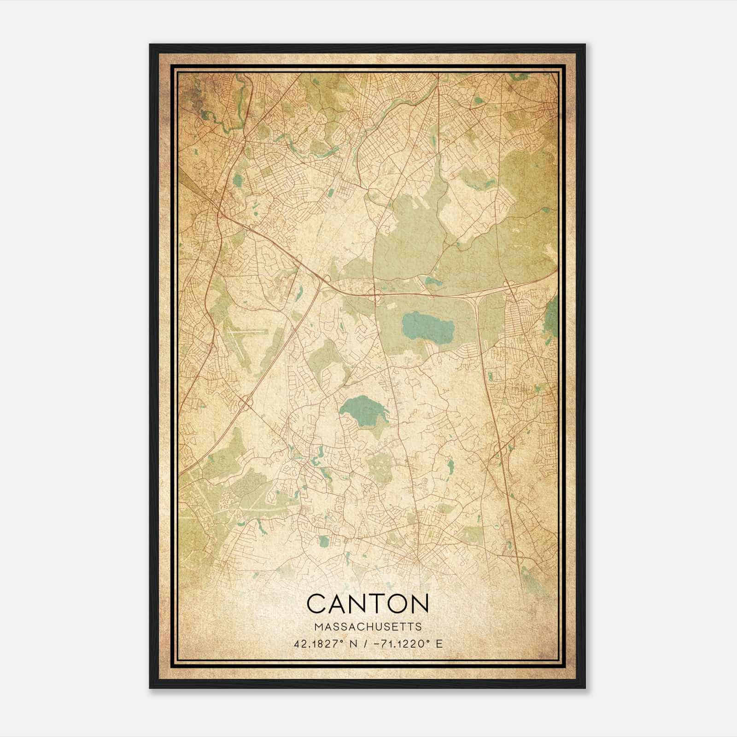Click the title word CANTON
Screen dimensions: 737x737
coord(368,604)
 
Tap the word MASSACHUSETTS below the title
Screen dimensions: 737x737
coord(368,627)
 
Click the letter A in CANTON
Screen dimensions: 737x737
coord(339,604)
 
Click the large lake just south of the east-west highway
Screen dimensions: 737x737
coord(427,326)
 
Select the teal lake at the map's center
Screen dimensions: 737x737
coord(364,409)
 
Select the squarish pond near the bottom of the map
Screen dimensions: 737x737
coord(324,540)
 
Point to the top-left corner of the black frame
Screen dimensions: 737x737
coord(151,45)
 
